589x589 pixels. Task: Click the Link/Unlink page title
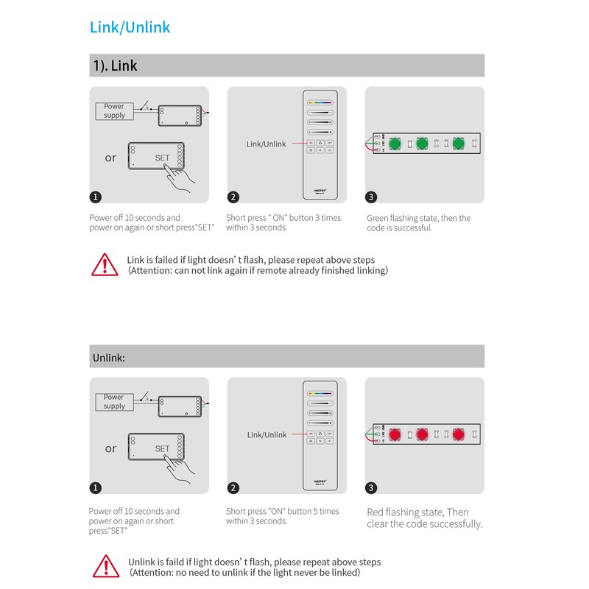coord(130,28)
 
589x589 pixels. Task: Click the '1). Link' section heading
coord(115,66)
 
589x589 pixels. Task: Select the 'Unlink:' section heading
coord(109,357)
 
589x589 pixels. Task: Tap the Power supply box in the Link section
coord(114,111)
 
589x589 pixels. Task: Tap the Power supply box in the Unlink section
coord(114,402)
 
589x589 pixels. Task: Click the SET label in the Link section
coord(162,158)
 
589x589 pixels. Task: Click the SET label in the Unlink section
coord(162,449)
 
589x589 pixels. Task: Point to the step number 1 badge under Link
coord(96,197)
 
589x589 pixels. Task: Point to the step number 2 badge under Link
coord(233,197)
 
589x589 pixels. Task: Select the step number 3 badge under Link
coord(371,197)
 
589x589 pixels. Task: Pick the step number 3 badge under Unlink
coord(371,487)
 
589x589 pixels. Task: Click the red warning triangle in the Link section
coord(105,264)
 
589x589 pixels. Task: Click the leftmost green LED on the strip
coord(395,143)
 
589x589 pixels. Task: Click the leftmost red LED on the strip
coord(395,434)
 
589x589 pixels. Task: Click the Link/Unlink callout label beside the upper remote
coord(266,144)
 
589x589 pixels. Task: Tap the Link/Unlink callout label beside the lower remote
coord(267,435)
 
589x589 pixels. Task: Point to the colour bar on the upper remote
coord(320,103)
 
